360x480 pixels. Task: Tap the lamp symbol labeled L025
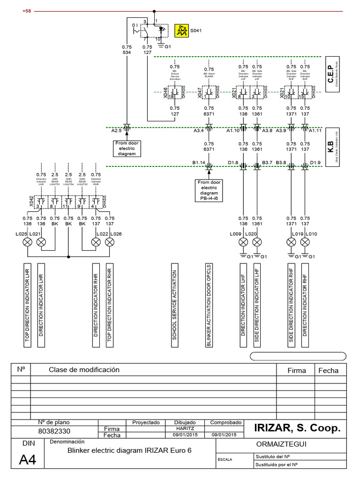pos(28,242)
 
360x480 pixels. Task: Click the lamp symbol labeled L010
pos(305,242)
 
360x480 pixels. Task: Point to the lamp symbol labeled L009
pos(243,242)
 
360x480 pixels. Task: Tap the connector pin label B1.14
pos(199,162)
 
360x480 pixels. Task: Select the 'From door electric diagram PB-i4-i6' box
pos(210,190)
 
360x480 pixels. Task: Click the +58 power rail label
pos(26,11)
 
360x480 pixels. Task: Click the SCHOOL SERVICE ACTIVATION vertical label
pos(175,305)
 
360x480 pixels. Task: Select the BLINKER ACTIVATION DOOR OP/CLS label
pos(209,305)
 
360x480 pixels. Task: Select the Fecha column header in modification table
pos(328,370)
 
